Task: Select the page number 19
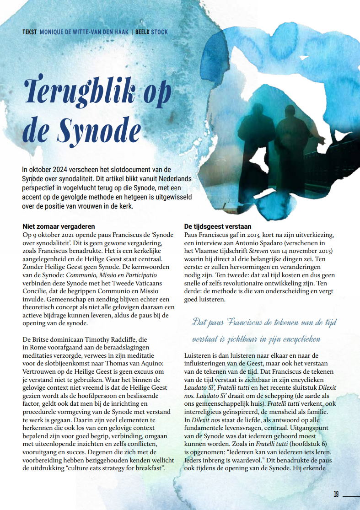[336, 494]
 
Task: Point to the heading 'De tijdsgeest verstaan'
[217, 226]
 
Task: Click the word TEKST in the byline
[29, 32]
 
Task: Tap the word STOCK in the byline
[159, 32]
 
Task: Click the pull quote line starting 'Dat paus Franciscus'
[264, 322]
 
